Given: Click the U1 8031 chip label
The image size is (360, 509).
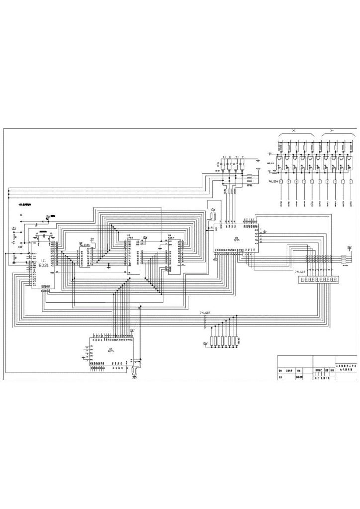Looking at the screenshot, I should [43, 263].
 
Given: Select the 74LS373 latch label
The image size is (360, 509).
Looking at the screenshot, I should [84, 245].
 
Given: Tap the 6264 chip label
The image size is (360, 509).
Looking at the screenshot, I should [170, 237].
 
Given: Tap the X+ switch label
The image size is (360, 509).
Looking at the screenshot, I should [224, 157].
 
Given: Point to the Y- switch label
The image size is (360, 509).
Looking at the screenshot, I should [244, 157].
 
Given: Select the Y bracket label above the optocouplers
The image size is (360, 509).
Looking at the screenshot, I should [331, 130].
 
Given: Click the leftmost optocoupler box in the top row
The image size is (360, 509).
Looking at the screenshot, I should [281, 158].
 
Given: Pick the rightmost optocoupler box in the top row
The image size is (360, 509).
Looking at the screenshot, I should [351, 158].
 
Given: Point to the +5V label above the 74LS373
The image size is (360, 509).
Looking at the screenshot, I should [91, 239].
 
